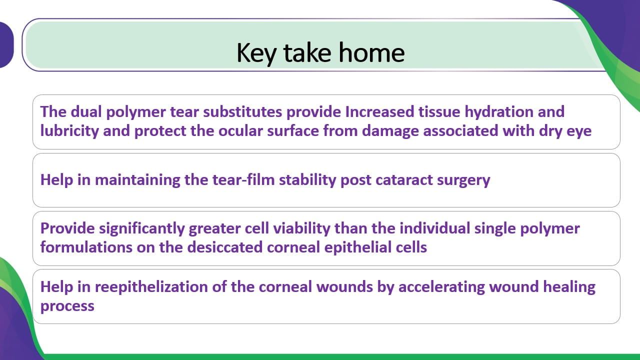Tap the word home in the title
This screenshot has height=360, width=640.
click(x=371, y=52)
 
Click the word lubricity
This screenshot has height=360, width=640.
click(x=69, y=131)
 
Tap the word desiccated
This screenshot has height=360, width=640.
click(x=225, y=247)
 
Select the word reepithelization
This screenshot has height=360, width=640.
click(x=151, y=287)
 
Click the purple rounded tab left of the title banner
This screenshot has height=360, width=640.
click(x=6, y=45)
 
